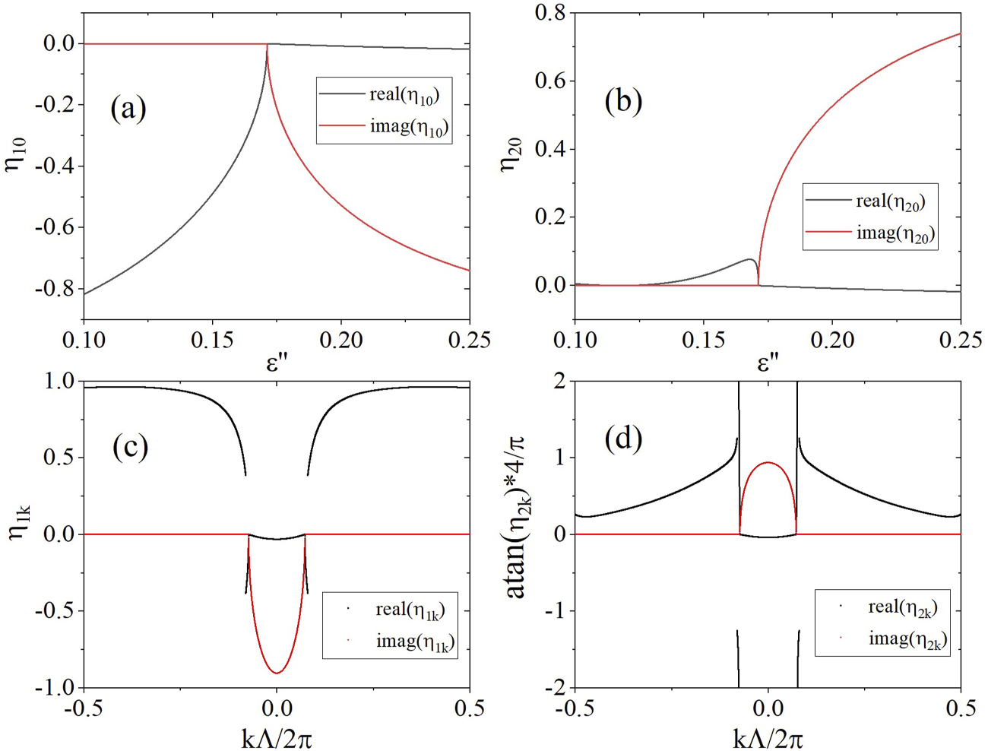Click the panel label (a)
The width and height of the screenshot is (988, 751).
128,109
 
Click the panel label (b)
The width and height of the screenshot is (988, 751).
623,100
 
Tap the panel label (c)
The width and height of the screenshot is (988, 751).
130,447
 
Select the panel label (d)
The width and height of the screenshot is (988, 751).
623,438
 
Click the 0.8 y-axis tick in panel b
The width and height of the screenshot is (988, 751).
550,13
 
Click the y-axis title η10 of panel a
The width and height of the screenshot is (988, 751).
17,154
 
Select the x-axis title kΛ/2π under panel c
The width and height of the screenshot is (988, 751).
277,738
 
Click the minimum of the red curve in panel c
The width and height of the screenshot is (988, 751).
277,673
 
